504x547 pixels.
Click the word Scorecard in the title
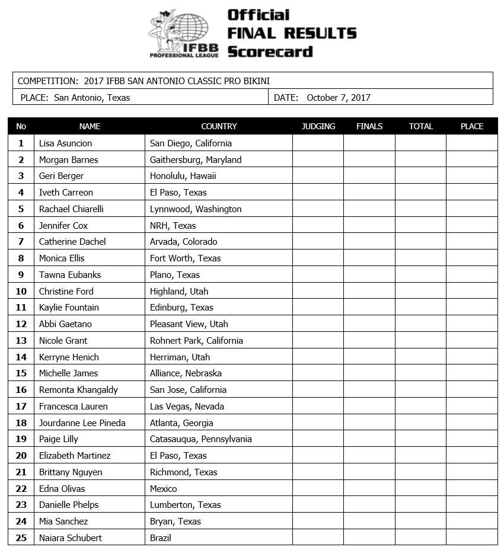point(270,52)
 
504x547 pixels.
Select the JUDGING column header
point(318,126)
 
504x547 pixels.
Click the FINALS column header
point(369,126)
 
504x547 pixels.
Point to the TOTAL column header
point(421,126)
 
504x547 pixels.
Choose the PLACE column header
point(472,126)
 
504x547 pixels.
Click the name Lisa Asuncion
point(65,143)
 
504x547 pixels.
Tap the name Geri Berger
point(61,176)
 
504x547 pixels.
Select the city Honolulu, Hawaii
point(183,176)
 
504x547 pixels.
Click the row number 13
point(21,341)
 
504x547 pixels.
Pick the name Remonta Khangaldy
point(78,390)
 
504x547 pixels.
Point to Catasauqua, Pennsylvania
point(200,439)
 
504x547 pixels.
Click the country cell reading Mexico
point(163,489)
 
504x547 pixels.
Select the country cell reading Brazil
point(160,538)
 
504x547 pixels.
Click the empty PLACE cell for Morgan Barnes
point(472,160)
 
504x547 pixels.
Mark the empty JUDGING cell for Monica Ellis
point(318,258)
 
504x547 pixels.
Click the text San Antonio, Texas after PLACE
point(92,98)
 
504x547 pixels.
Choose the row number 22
point(21,489)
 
